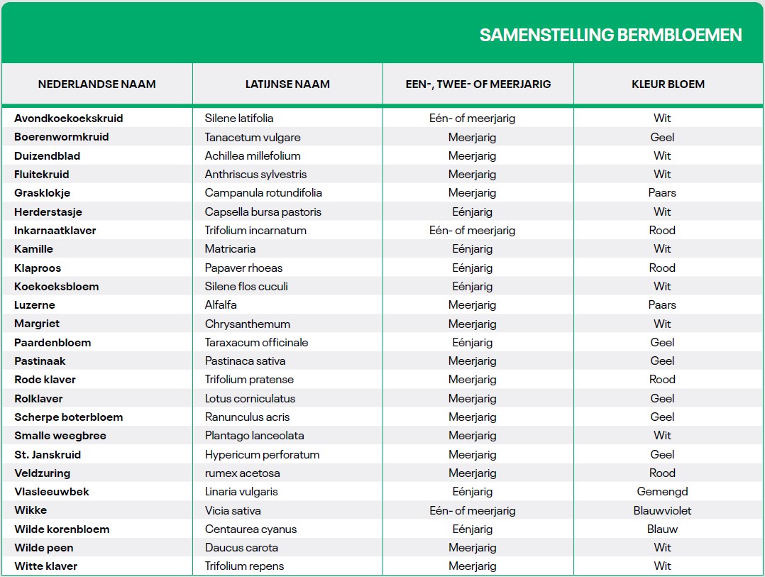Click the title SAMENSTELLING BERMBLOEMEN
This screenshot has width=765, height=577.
[x=610, y=35]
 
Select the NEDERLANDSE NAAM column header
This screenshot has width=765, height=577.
[x=97, y=84]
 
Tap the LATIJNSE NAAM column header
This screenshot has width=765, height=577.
[x=287, y=84]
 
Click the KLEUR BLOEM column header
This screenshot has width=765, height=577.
[x=668, y=84]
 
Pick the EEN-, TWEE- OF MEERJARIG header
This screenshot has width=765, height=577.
[x=478, y=84]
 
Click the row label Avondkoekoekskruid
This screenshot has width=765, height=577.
[x=68, y=119]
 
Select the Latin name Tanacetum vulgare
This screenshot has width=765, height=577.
[x=253, y=137]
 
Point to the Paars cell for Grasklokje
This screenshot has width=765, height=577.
[x=662, y=193]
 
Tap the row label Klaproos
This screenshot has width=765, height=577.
[x=38, y=268]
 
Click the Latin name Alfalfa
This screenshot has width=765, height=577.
[x=221, y=305]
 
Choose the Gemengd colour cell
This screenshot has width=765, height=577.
[x=662, y=492]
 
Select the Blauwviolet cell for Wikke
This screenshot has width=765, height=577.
[x=662, y=511]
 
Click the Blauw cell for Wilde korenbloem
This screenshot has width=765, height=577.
[x=662, y=529]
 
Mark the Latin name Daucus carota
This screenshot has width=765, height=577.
[x=241, y=548]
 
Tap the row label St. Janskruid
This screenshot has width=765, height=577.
[x=48, y=455]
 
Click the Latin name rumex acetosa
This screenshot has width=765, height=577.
[x=242, y=473]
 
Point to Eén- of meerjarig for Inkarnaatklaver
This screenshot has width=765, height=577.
[x=472, y=231]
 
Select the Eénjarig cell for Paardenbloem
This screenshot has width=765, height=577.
[x=472, y=343]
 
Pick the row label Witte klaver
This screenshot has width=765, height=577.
[x=45, y=566]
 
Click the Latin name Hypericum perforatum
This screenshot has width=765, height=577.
[x=262, y=455]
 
